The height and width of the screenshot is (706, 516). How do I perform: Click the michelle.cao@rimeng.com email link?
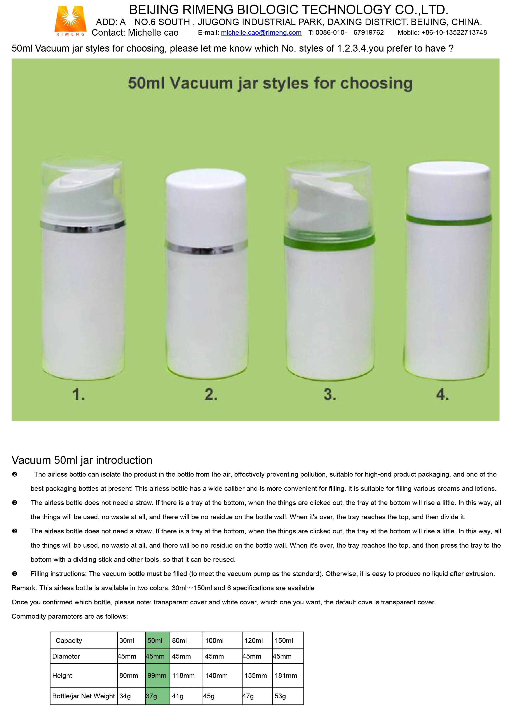(261, 33)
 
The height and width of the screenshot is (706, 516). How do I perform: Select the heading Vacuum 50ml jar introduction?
(82, 460)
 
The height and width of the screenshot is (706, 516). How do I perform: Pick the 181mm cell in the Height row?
(287, 675)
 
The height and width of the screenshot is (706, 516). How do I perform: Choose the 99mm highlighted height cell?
(157, 675)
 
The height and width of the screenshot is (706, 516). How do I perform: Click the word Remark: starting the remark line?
(24, 588)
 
